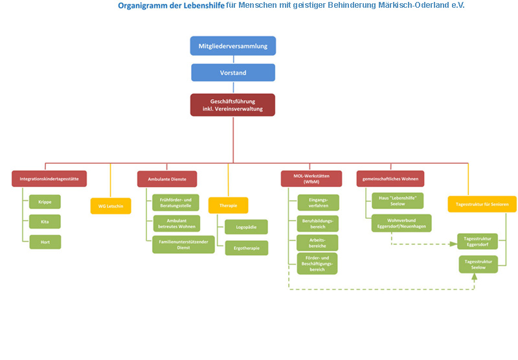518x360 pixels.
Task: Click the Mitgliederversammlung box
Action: pos(233,46)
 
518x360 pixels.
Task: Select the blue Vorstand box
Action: pos(233,73)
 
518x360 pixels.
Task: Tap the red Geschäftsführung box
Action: pos(232,105)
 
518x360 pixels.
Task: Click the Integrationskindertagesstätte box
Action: pos(49,179)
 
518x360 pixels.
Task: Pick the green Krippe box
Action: pos(45,201)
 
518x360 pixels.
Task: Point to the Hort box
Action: pos(45,242)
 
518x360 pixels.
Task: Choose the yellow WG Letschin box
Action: pos(111,206)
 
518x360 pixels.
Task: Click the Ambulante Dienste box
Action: pos(167,179)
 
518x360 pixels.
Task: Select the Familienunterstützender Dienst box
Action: pos(183,245)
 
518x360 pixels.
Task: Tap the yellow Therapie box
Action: pos(228,205)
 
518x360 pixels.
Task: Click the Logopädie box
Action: pos(246,227)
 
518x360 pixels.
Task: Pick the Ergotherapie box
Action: pos(246,247)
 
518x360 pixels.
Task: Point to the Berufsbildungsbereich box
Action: pos(317,223)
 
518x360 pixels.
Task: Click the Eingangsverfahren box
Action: pos(317,202)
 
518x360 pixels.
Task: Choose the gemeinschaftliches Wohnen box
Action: pos(390,179)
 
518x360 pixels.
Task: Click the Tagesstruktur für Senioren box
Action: pos(482,204)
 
